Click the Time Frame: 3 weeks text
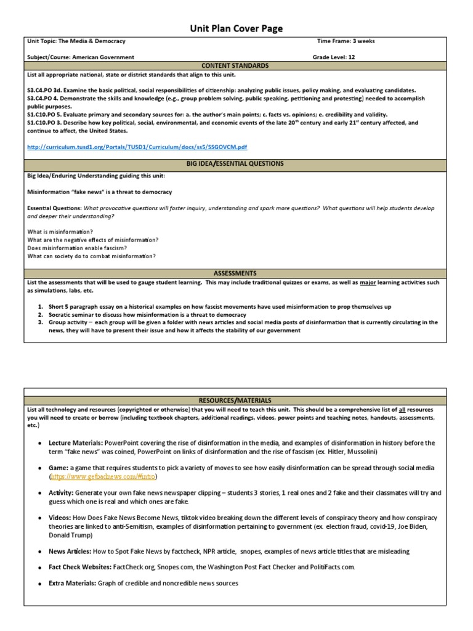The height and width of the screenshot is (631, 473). (x=346, y=41)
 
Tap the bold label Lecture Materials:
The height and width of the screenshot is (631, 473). (x=76, y=442)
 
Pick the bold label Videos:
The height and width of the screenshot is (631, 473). (x=61, y=518)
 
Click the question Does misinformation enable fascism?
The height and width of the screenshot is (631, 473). (x=75, y=248)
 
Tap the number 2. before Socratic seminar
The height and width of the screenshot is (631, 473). (x=41, y=314)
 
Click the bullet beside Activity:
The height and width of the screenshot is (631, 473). (x=39, y=493)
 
